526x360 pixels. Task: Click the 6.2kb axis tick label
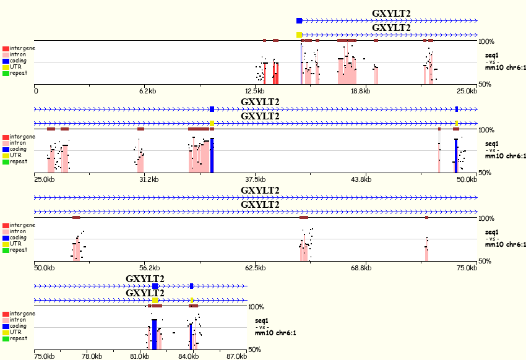coord(148,91)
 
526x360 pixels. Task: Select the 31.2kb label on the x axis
coord(149,179)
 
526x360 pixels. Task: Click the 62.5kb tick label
coord(256,268)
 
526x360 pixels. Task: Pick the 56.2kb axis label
coord(149,268)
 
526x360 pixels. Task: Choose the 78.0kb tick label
coord(92,356)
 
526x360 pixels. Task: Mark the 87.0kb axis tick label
coord(237,356)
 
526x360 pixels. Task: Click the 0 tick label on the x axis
coord(36,91)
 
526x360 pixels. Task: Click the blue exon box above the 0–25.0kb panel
coord(300,21)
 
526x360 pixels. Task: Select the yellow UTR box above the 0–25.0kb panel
coord(300,35)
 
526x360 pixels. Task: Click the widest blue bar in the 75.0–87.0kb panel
coord(154,335)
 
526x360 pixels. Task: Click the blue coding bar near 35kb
coord(212,155)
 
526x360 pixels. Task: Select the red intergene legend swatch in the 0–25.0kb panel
coord(6,49)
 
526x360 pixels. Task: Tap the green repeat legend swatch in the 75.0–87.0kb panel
coord(6,339)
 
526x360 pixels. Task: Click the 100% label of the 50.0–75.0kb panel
coord(486,218)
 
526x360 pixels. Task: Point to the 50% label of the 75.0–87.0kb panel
coord(254,349)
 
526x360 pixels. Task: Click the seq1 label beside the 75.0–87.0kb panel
coord(262,321)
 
